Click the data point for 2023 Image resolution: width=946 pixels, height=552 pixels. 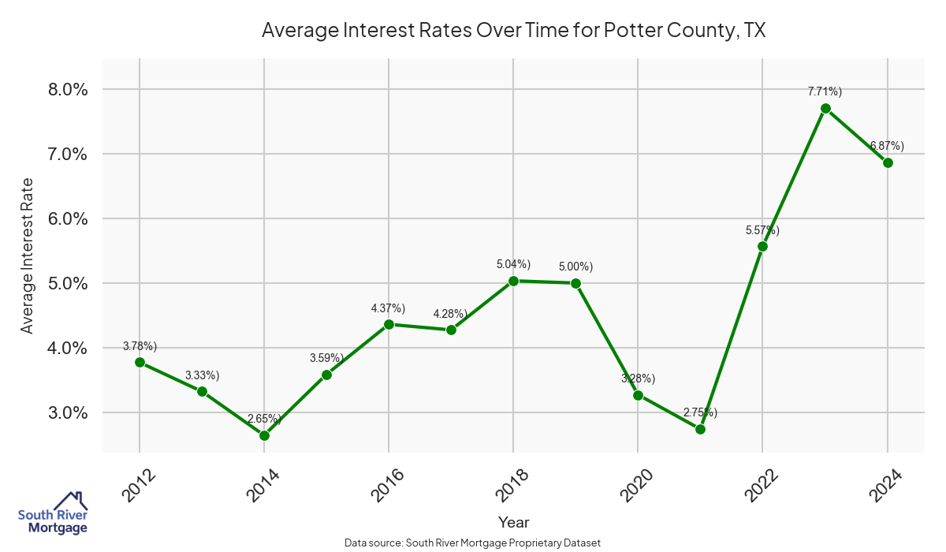[x=825, y=108]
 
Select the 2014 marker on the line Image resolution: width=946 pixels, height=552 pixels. [x=264, y=435]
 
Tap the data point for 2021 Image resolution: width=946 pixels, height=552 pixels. [x=700, y=429]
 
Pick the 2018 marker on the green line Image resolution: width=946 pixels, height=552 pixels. [x=513, y=281]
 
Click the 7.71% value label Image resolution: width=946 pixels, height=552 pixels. [x=825, y=92]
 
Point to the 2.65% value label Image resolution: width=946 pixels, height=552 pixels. [x=264, y=419]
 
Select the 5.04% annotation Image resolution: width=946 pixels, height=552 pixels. [x=513, y=264]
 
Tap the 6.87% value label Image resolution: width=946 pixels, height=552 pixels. [x=887, y=146]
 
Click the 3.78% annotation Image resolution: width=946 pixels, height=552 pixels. [x=140, y=346]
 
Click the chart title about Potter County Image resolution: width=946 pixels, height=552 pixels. [x=514, y=31]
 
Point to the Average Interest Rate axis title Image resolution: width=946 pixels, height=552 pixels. [x=28, y=255]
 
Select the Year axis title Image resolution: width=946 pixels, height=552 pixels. [x=514, y=522]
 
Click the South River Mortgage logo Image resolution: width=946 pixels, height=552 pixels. [x=53, y=513]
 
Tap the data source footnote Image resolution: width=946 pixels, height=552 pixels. [x=473, y=543]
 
